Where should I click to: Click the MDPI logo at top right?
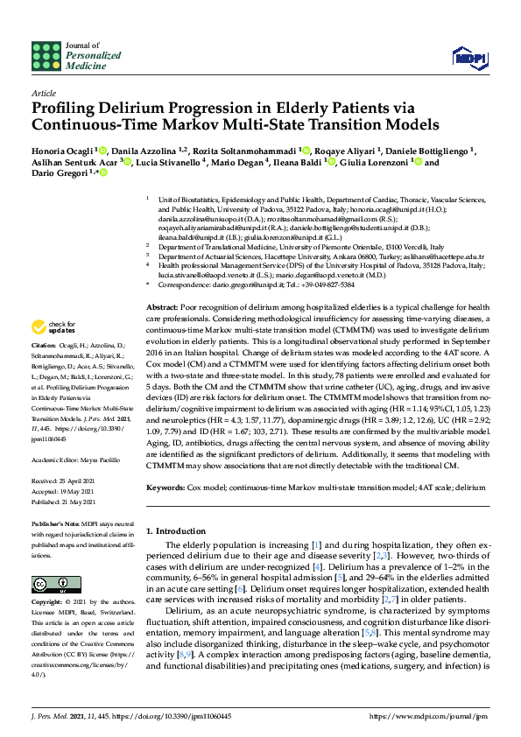click(x=470, y=57)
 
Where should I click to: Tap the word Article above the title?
click(x=43, y=92)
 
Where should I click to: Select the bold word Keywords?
click(x=165, y=486)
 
